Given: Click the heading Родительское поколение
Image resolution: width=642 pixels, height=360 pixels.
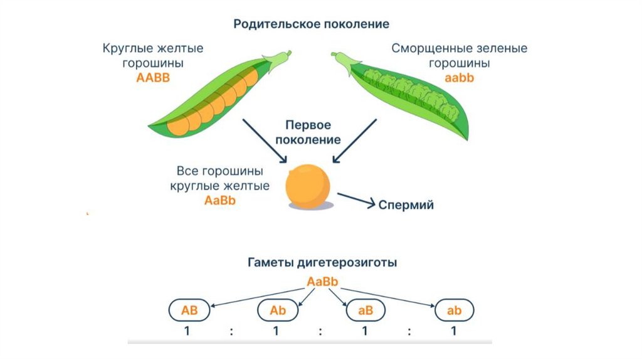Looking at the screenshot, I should point(312,24).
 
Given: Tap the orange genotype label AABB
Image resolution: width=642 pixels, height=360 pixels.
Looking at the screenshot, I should point(153,78).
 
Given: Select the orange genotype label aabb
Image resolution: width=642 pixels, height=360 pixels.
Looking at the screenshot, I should point(460,78).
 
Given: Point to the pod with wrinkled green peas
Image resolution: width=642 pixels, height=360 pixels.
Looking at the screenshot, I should point(414,93).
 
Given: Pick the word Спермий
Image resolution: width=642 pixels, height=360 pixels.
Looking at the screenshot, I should point(406,204).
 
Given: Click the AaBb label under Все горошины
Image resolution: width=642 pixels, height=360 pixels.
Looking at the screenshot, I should point(220,201).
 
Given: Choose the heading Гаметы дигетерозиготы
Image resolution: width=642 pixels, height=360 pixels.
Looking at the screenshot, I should point(320,262).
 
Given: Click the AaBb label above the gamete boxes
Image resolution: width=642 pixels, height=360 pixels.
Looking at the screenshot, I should point(323,282).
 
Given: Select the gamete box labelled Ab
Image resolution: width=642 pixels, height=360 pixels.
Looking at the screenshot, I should point(277,310).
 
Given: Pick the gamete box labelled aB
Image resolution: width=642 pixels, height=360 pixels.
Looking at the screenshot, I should point(366,310).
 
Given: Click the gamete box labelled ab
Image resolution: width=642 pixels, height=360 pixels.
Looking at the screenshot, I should point(454,310).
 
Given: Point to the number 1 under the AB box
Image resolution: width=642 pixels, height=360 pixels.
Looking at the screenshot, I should point(187,332).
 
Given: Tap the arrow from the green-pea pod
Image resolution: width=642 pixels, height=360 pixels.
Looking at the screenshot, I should point(351,142).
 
